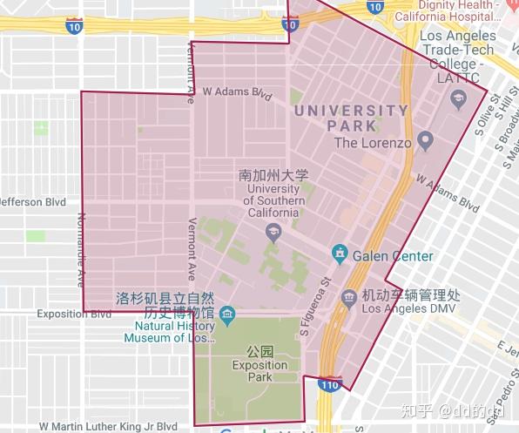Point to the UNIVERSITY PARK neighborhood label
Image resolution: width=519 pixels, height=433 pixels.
351,118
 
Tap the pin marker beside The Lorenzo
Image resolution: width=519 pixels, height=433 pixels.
425,140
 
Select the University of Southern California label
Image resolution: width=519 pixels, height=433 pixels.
274,194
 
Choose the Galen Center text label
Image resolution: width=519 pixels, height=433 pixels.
393,256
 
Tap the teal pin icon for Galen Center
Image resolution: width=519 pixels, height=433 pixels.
339,255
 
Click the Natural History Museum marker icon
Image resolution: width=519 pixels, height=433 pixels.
228,313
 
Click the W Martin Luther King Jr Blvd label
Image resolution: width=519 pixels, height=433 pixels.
108,426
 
